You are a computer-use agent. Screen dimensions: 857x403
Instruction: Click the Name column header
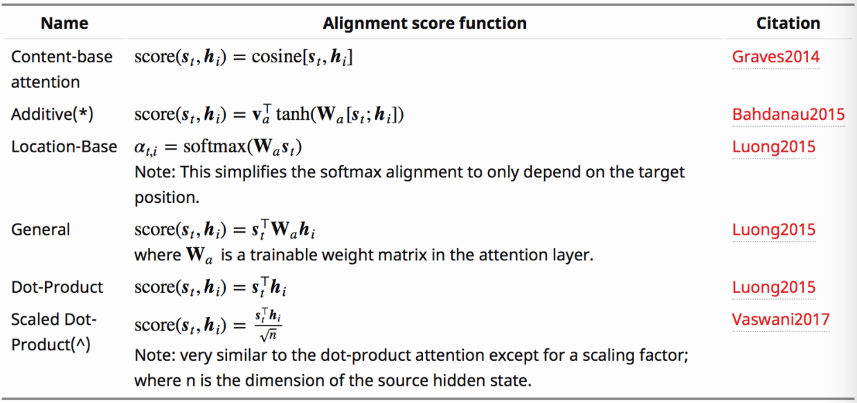[x=64, y=23]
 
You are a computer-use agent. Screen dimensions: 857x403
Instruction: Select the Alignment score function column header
[x=424, y=23]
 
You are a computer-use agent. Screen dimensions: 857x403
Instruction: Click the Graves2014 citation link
[x=775, y=57]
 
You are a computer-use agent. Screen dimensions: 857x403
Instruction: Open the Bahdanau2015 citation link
[x=788, y=115]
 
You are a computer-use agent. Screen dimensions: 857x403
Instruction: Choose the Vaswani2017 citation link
[x=780, y=319]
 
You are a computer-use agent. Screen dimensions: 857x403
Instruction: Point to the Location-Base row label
[x=64, y=147]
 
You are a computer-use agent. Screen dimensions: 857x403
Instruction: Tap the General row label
[x=40, y=229]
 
